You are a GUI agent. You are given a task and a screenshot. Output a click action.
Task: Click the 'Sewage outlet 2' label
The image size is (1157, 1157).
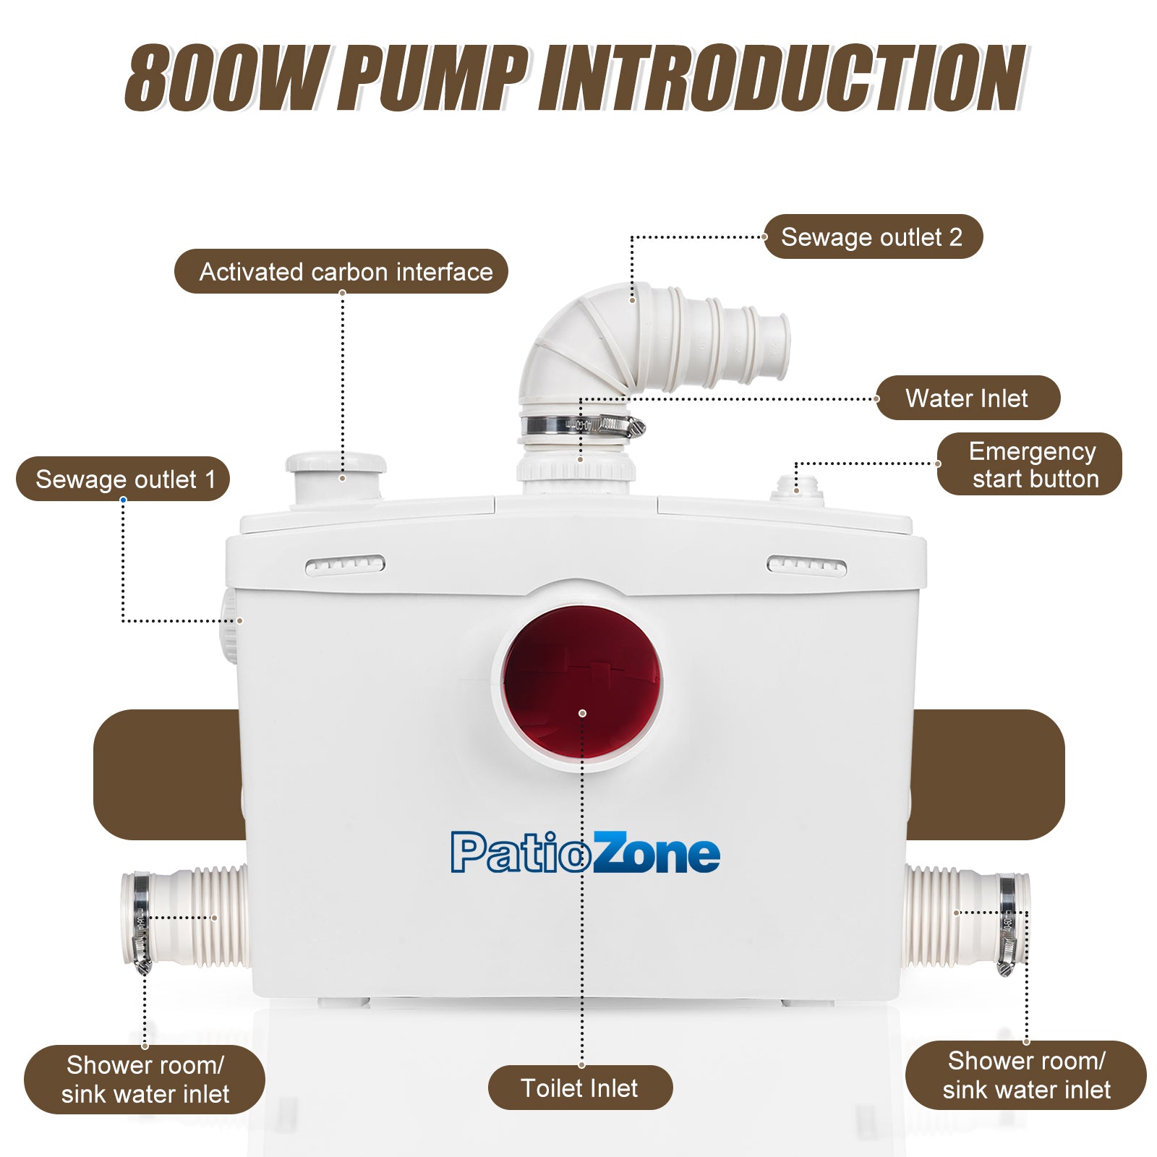872,237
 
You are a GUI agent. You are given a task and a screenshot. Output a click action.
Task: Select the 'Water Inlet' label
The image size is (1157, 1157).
967,398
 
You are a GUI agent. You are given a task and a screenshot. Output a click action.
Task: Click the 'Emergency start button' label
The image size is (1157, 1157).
1029,464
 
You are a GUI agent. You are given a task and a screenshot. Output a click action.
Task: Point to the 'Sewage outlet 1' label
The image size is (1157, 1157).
123,479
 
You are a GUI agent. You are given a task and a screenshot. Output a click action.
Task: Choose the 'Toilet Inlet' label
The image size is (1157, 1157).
580,1088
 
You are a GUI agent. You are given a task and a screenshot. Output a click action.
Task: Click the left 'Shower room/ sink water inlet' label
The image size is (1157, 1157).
145,1079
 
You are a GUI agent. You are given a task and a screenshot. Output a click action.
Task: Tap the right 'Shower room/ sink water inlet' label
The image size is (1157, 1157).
1025,1075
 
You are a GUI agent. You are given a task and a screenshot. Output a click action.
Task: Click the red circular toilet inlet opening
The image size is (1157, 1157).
582,683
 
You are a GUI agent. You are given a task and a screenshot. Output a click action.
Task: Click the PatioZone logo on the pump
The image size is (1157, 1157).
585,853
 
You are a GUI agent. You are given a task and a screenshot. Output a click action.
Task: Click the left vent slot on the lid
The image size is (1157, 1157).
345,565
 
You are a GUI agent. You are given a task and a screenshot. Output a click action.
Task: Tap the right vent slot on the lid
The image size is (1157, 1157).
806,565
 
